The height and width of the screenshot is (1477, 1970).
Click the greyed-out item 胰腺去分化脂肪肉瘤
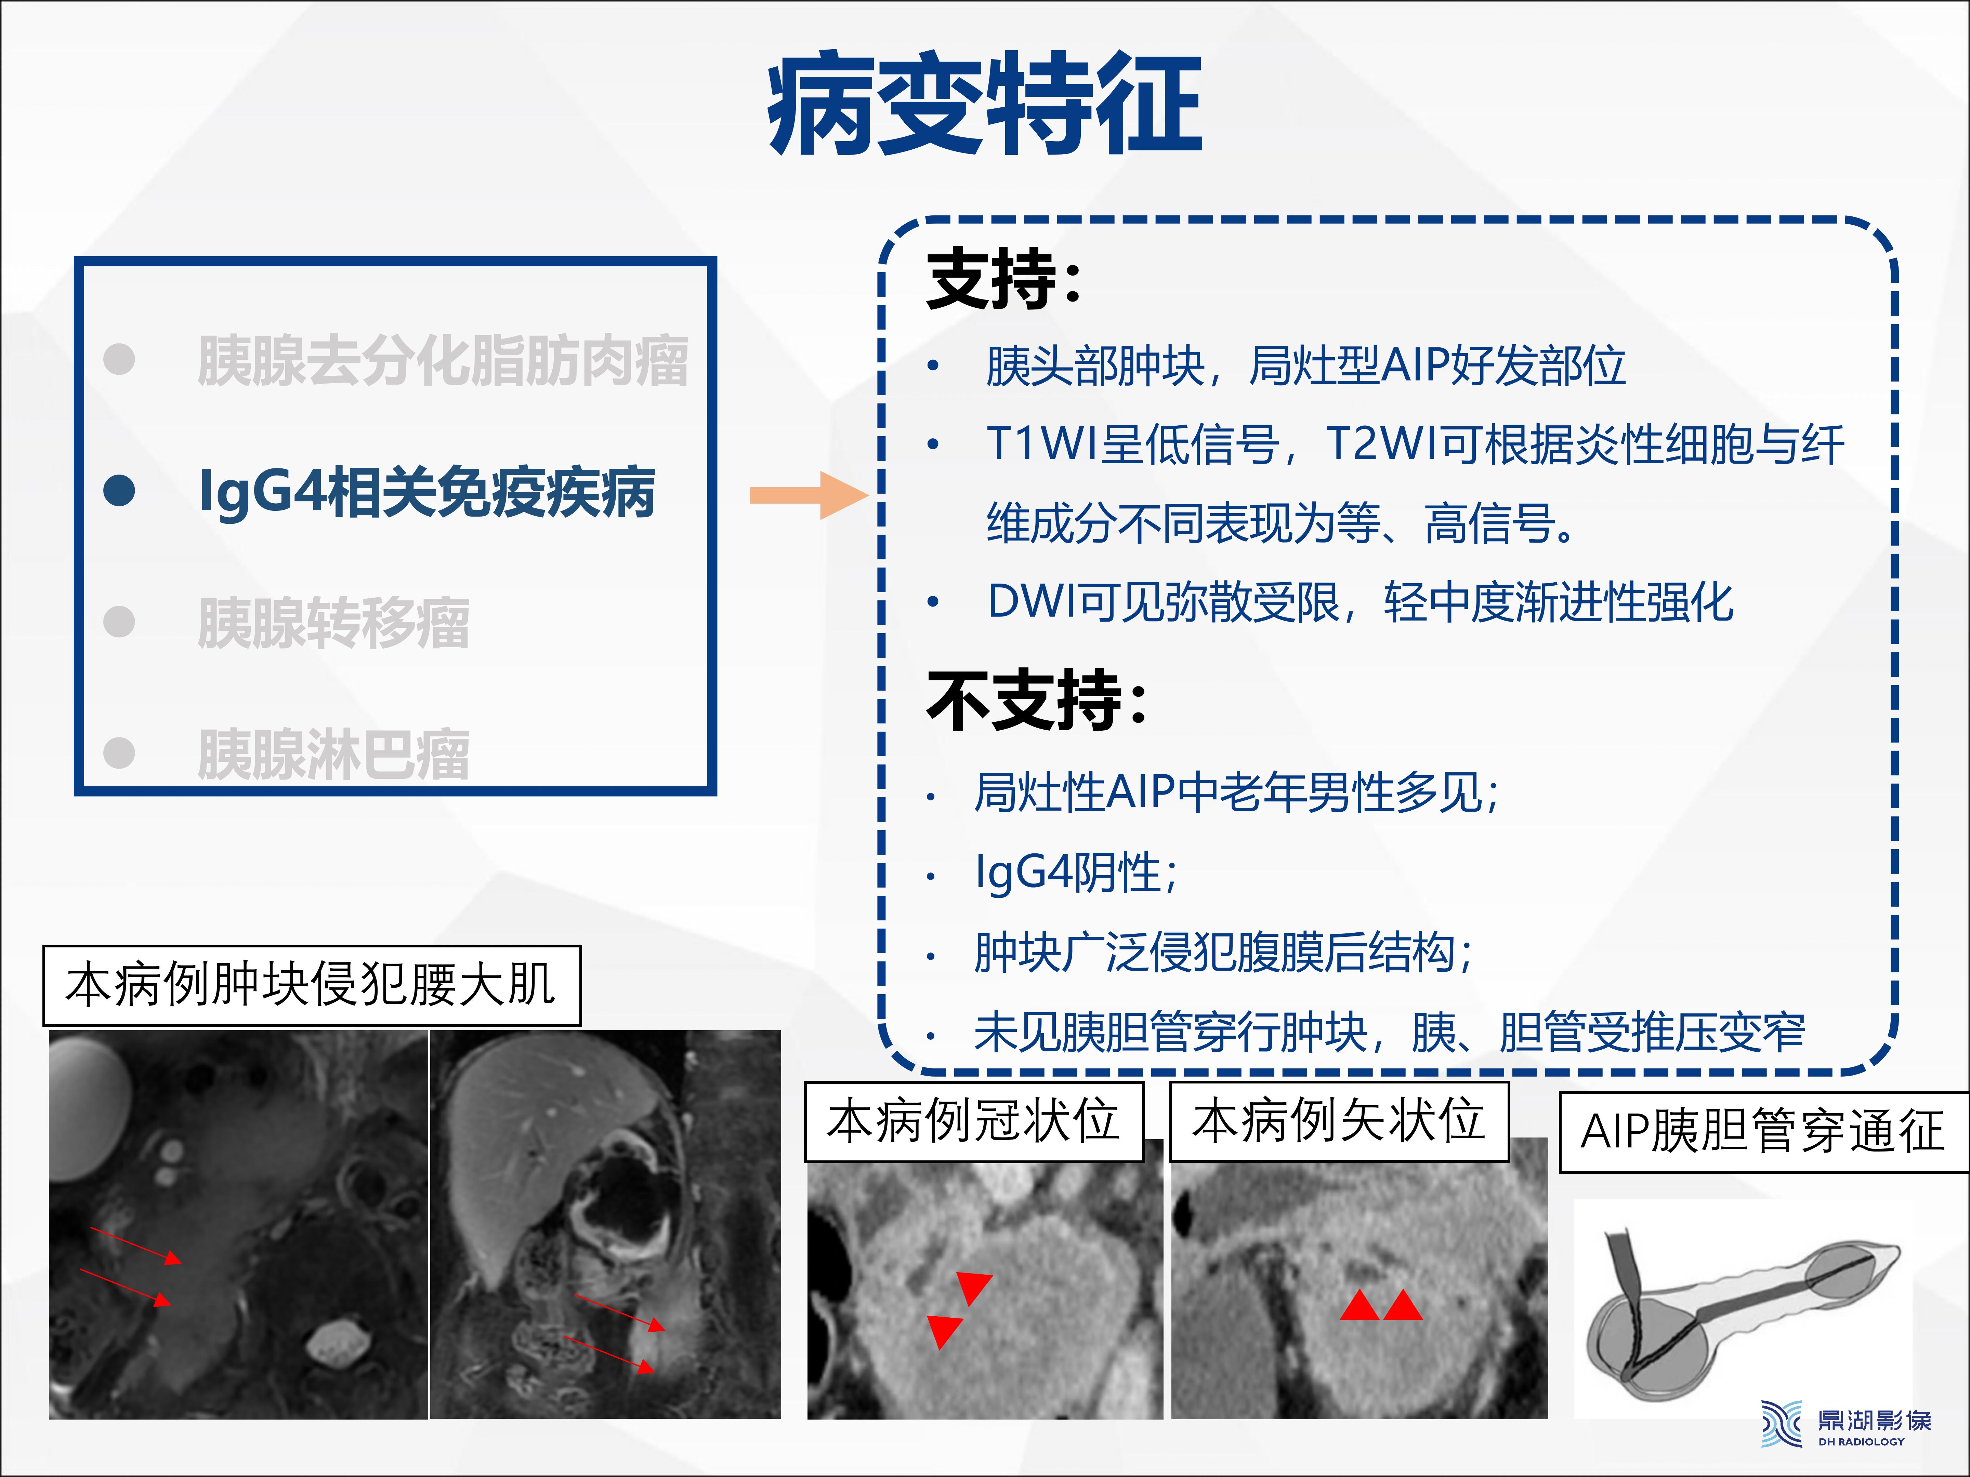click(x=443, y=361)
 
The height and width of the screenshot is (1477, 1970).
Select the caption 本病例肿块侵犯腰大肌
click(x=312, y=985)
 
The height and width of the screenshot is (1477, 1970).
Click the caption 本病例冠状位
click(x=973, y=1121)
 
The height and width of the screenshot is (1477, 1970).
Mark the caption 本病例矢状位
click(x=1339, y=1121)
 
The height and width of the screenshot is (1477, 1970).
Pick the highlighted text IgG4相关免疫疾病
click(x=428, y=491)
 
